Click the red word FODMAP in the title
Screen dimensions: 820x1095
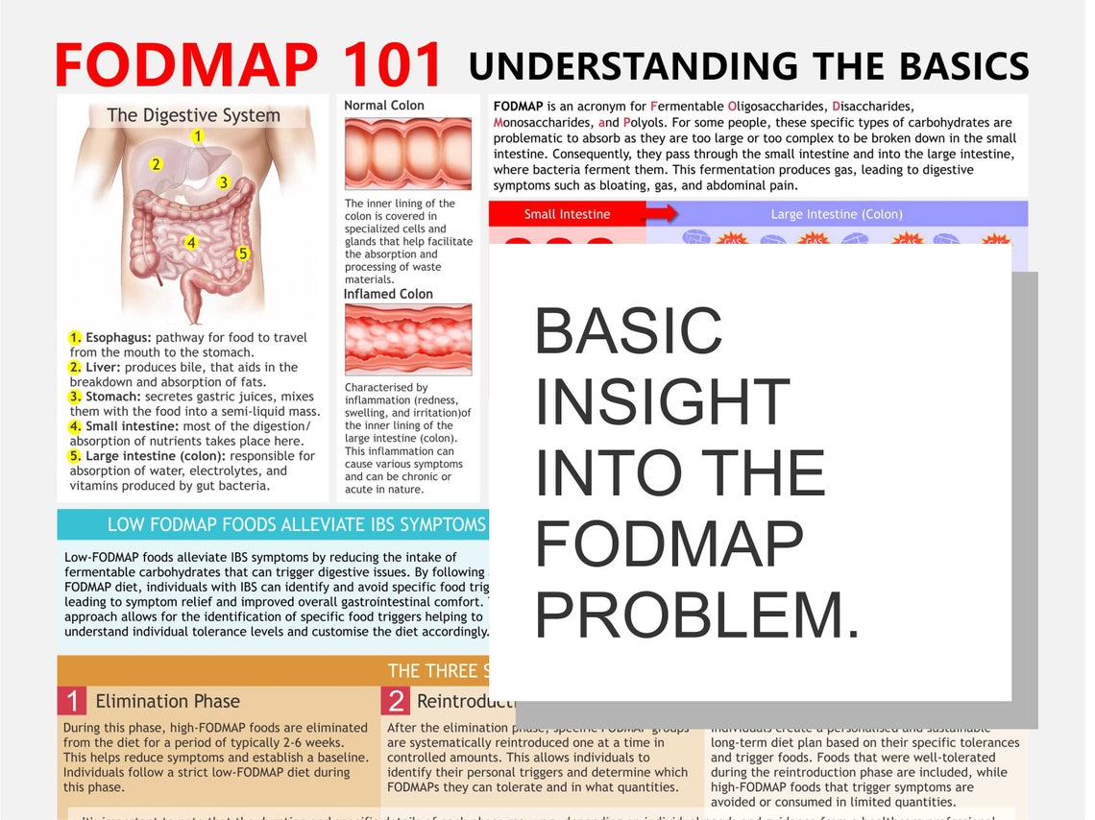click(x=185, y=64)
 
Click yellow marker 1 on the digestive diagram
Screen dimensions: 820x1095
click(x=197, y=136)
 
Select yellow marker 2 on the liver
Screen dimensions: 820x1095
click(x=156, y=164)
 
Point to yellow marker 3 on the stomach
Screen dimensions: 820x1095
click(x=223, y=181)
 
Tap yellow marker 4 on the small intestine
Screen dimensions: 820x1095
click(x=191, y=243)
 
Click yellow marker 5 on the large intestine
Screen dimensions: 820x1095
click(x=243, y=253)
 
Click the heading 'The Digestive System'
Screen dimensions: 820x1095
click(x=193, y=115)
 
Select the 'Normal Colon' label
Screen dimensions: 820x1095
click(x=384, y=106)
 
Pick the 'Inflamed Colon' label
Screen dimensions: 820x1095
click(x=388, y=294)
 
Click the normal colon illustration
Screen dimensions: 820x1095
click(x=408, y=154)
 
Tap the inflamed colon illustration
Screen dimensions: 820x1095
click(x=408, y=339)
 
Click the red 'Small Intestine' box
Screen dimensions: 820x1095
click(x=567, y=214)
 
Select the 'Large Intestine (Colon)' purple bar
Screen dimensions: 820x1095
click(x=837, y=214)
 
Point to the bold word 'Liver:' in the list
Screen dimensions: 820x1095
click(x=103, y=367)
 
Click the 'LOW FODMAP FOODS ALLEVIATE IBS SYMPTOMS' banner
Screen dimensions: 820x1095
click(x=296, y=524)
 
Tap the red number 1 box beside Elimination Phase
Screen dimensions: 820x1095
click(x=72, y=701)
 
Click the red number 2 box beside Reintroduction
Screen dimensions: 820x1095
click(x=396, y=701)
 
